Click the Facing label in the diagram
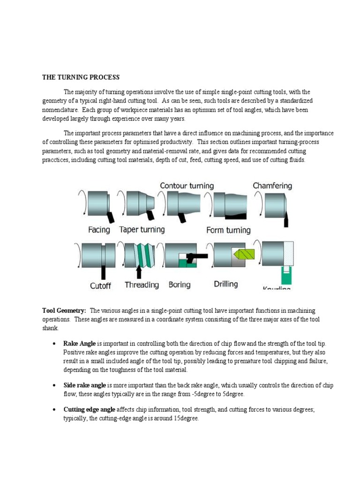(x=99, y=230)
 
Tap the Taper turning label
(x=142, y=230)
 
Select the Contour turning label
(x=187, y=186)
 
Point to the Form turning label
(x=228, y=230)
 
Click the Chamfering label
(x=272, y=186)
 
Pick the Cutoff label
(x=100, y=285)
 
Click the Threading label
(x=142, y=285)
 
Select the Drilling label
(x=226, y=284)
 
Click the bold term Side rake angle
(x=85, y=385)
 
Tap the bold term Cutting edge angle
(x=89, y=410)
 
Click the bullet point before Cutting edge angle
(x=56, y=410)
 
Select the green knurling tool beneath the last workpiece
(x=285, y=274)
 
